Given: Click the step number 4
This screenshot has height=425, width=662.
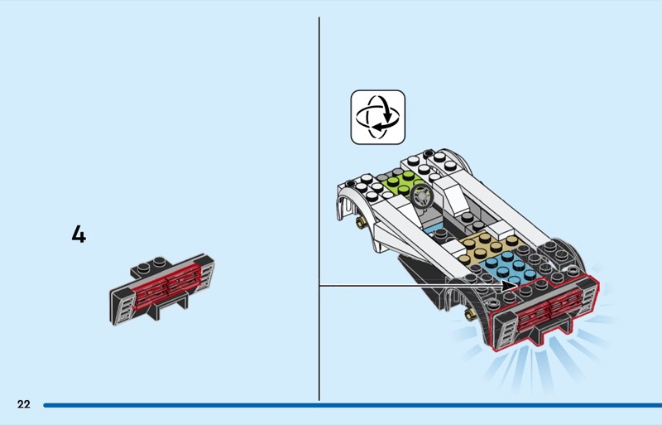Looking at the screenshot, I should point(79,234).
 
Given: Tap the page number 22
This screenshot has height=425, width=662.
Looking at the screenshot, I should point(23,404).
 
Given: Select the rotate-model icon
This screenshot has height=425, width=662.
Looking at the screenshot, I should point(378,118).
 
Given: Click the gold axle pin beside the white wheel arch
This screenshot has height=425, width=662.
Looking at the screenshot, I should point(362,222).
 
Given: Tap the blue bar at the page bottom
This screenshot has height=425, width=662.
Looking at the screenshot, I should point(348,405).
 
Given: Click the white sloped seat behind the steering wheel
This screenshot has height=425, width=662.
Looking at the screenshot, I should point(452,199).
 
